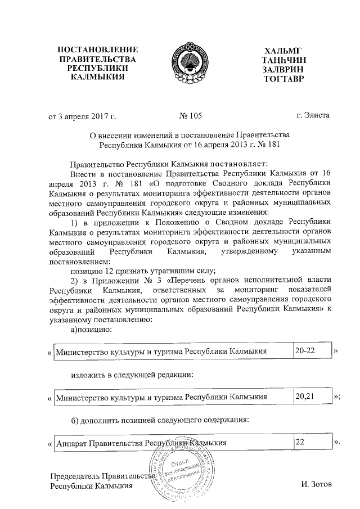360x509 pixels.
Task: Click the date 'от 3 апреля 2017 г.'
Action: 83,116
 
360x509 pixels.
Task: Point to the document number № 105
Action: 190,116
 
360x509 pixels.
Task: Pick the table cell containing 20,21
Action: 312,397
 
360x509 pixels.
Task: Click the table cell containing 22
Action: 312,443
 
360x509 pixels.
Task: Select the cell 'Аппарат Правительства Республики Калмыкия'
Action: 172,443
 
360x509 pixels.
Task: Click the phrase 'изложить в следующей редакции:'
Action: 133,374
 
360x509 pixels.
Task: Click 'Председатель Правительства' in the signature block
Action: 101,476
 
